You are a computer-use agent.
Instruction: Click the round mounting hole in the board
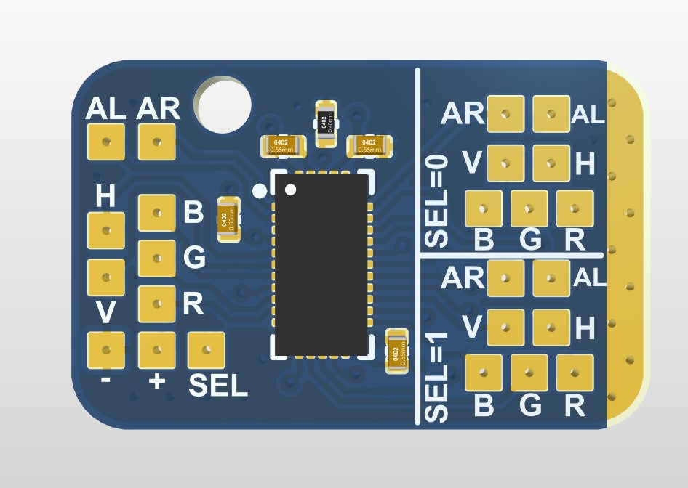(223, 105)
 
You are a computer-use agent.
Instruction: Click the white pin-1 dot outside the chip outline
(260, 192)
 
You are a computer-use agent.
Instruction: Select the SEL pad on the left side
(207, 350)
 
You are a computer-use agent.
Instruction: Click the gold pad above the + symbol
(156, 350)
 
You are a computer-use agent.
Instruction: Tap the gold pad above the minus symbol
(105, 350)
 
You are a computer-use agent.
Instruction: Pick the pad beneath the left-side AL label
(105, 142)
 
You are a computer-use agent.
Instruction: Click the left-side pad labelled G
(156, 258)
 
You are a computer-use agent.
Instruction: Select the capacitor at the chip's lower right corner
(396, 351)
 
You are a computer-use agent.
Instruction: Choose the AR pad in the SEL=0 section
(505, 115)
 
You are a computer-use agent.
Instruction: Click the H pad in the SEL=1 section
(551, 328)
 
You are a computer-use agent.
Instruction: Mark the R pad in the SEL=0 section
(575, 208)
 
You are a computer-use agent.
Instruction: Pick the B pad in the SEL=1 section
(484, 373)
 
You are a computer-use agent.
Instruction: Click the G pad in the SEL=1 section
(529, 373)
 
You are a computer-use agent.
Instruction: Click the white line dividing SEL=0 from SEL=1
(513, 256)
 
